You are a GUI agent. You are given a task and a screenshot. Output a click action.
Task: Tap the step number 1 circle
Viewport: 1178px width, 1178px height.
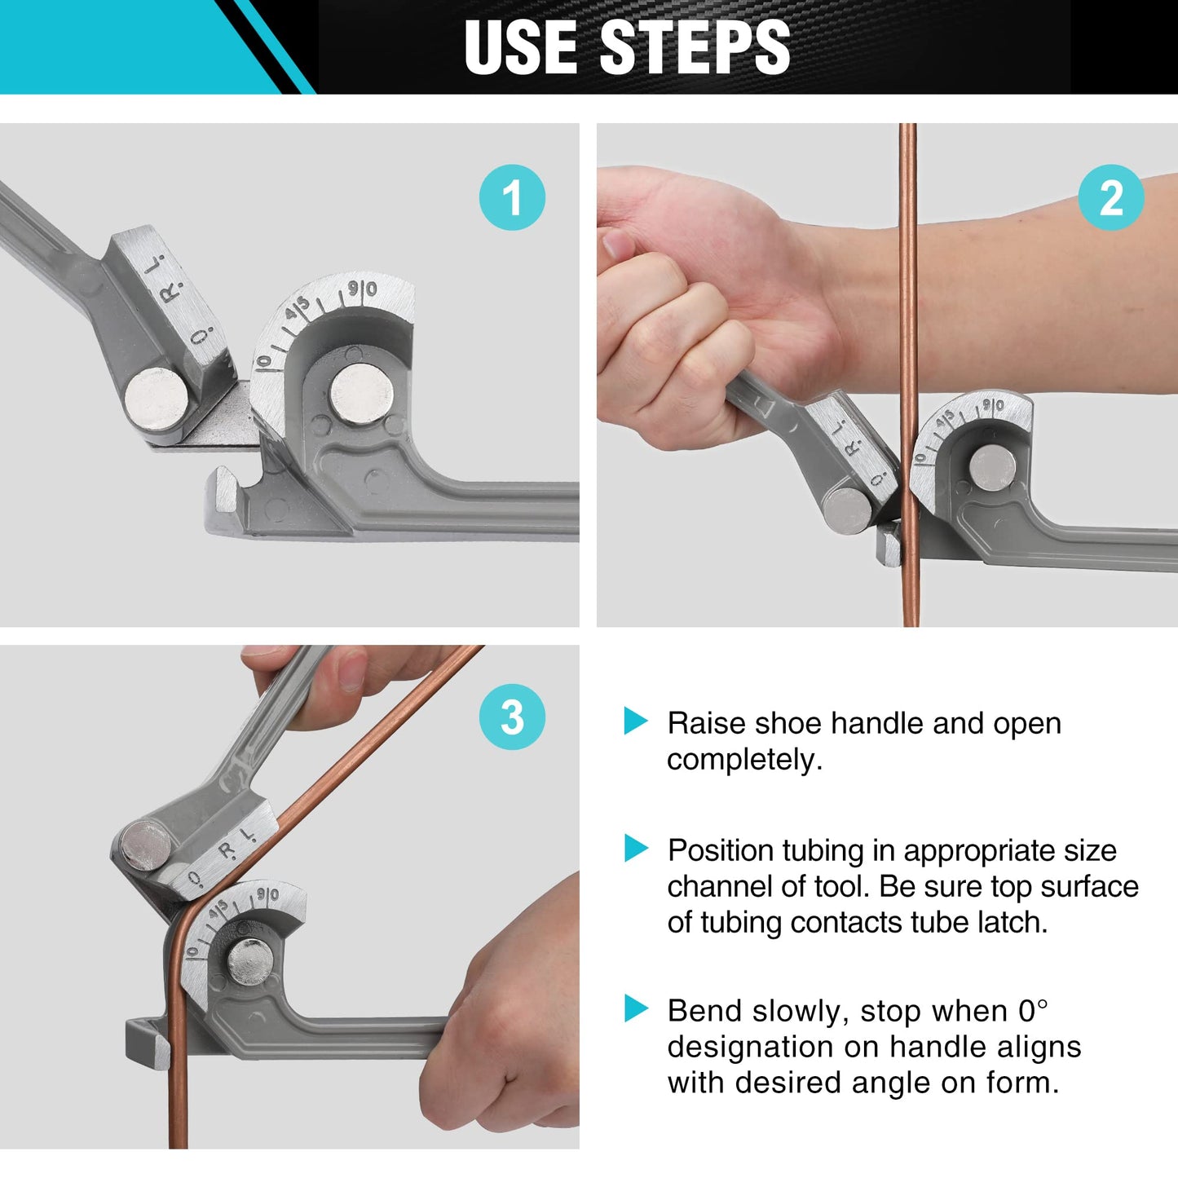pos(512,197)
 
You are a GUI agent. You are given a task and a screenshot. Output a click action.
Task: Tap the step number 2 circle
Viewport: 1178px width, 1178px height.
pos(1110,197)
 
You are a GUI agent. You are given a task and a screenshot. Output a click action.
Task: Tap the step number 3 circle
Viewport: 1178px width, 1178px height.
pos(512,717)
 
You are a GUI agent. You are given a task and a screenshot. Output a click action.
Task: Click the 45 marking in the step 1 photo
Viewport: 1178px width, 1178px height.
pos(298,311)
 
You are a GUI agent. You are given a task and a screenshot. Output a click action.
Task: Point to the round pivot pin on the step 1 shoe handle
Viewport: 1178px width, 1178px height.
pos(157,399)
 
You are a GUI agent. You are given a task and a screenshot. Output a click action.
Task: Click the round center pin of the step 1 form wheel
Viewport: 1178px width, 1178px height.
pos(362,394)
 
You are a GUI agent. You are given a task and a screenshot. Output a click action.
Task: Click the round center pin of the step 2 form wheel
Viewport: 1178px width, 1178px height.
pos(992,468)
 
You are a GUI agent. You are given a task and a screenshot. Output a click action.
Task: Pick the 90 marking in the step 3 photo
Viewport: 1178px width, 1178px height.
pos(267,895)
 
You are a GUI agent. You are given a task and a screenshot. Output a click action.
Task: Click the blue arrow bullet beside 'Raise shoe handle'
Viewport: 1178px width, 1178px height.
pos(635,721)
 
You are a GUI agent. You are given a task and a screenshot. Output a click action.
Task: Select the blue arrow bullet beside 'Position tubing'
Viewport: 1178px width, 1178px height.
pos(635,848)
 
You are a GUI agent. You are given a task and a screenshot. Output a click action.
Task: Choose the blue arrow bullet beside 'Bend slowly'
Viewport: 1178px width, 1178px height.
pos(635,1008)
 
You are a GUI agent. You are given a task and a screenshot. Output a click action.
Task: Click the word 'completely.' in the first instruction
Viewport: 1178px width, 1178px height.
pos(744,760)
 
